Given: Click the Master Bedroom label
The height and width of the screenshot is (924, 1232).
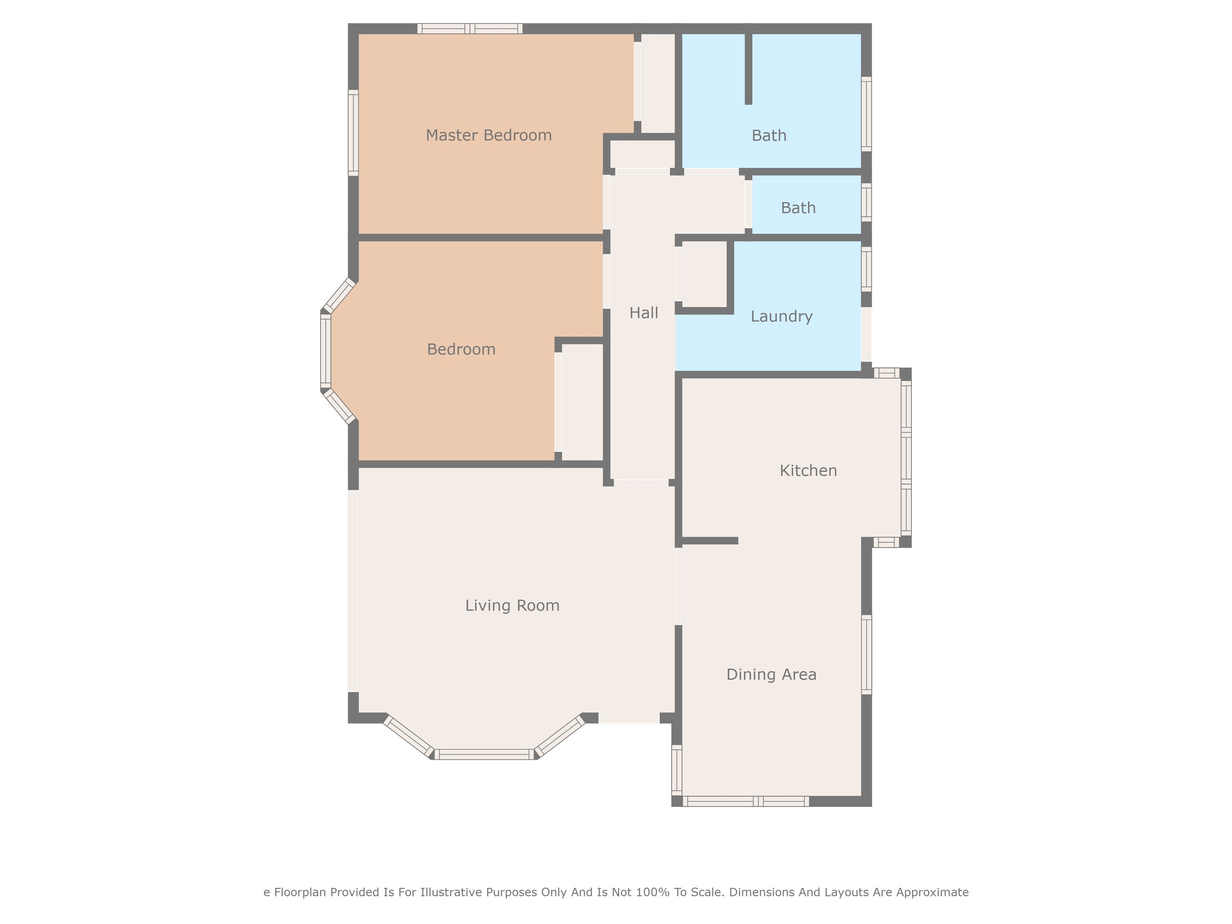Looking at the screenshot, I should [x=488, y=135].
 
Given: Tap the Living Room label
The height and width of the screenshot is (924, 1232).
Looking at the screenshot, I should [x=512, y=605].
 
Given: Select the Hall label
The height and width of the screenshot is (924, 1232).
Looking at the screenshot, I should [x=643, y=313].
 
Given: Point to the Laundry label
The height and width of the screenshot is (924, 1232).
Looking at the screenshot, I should [x=781, y=317].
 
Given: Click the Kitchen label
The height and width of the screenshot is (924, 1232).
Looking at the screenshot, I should [x=807, y=470].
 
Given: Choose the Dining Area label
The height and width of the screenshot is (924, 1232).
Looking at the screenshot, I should [x=771, y=675].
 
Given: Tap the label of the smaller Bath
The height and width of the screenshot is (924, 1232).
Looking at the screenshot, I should [x=797, y=208].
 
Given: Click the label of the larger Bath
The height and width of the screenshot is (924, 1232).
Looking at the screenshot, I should [x=768, y=135].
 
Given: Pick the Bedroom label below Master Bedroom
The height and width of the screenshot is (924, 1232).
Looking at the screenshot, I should [x=461, y=349].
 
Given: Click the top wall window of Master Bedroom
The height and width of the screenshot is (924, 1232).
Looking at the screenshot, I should [x=470, y=29].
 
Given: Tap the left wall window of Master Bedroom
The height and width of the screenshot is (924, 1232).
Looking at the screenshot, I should [x=353, y=133].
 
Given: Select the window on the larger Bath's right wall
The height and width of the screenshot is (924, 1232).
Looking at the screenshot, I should [x=866, y=114].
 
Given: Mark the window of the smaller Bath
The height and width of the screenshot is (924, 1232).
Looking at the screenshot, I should [x=866, y=202].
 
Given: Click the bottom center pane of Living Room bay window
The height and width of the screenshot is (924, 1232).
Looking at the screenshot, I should [x=484, y=754].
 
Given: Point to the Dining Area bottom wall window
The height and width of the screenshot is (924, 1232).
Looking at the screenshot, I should [x=746, y=801].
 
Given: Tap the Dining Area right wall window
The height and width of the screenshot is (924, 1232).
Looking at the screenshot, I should [x=866, y=654].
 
